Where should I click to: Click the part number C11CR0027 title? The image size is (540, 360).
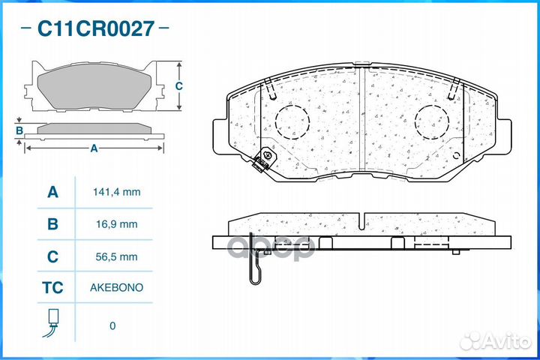[x=96, y=29]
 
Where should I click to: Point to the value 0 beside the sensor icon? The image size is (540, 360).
[x=112, y=325]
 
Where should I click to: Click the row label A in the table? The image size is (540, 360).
[x=52, y=192]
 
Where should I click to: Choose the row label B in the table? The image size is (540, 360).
[x=52, y=224]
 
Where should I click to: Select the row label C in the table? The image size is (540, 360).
[x=52, y=256]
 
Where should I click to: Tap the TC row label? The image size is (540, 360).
[x=52, y=288]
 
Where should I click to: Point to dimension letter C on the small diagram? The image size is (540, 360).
[x=178, y=86]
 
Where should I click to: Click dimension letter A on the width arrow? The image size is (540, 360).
[x=94, y=148]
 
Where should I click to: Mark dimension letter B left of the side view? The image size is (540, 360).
[x=19, y=131]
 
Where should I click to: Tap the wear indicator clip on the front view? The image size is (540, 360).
[x=263, y=160]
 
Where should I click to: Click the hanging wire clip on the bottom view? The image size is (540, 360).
[x=256, y=266]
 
